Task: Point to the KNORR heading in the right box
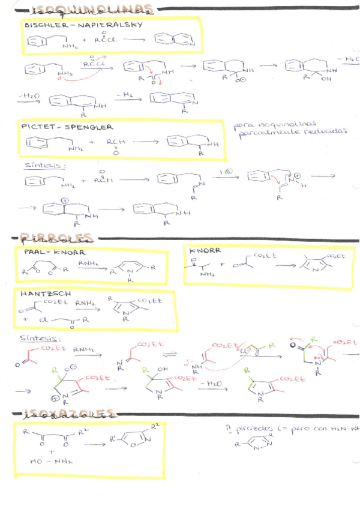coord(205,250)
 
